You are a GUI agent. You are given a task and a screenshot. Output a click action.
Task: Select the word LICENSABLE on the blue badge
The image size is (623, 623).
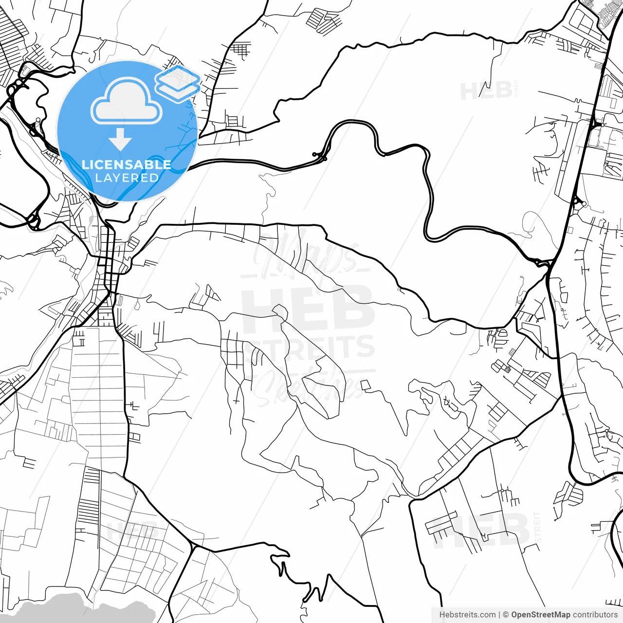click(127, 165)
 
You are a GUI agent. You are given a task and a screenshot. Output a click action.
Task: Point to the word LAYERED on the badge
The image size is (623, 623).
click(127, 178)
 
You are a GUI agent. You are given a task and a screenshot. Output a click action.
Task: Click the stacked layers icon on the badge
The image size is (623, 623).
click(178, 82)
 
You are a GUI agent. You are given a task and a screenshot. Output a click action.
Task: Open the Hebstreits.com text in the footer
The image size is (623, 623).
click(467, 615)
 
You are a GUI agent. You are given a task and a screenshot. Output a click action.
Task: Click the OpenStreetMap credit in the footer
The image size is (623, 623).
click(540, 615)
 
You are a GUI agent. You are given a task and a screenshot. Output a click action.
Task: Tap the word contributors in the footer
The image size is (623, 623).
click(595, 615)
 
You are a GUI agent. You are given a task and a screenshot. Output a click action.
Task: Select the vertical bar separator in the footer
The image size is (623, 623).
click(499, 615)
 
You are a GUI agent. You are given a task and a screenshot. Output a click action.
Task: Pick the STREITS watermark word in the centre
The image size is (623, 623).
click(309, 347)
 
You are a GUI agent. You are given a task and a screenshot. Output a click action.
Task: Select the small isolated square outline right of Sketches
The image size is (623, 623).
click(366, 385)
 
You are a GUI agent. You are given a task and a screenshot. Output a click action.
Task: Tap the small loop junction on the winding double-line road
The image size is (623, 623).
click(320, 156)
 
